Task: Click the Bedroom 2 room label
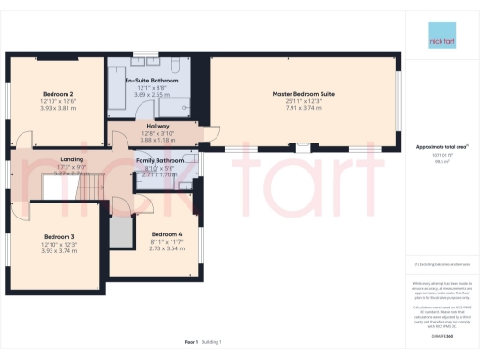pyautogui.click(x=58, y=94)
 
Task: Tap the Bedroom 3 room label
pyautogui.click(x=59, y=236)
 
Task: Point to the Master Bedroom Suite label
pyautogui.click(x=304, y=94)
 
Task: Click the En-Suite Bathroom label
pyautogui.click(x=152, y=82)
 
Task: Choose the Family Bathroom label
pyautogui.click(x=158, y=161)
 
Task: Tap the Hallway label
pyautogui.click(x=157, y=126)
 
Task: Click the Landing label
pyautogui.click(x=72, y=160)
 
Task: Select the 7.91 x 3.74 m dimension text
pyautogui.click(x=304, y=107)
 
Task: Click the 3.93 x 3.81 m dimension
pyautogui.click(x=58, y=107)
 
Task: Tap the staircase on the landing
pyautogui.click(x=89, y=191)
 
